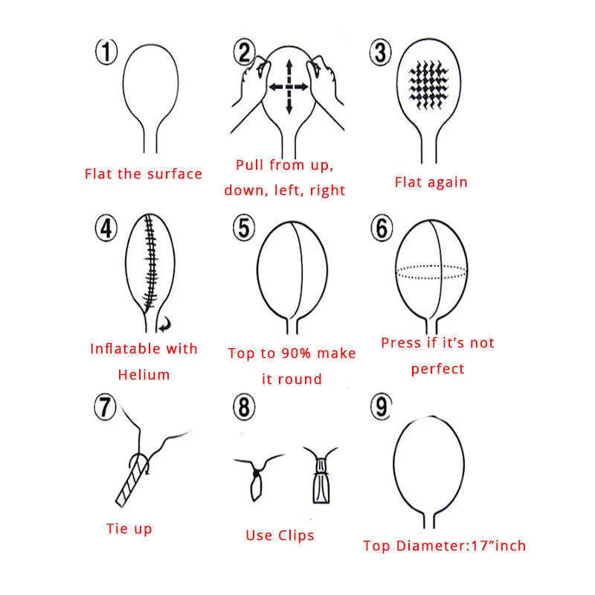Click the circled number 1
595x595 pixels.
pos(106,51)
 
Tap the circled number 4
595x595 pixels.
pos(106,228)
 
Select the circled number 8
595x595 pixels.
pos(244,407)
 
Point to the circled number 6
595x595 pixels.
pos(382,228)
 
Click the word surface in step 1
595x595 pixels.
pos(175,174)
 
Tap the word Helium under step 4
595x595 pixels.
pos(144,375)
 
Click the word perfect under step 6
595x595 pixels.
pos(437,369)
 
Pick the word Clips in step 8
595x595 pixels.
pos(296,535)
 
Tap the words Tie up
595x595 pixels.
pos(129,529)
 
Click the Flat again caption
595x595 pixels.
pos(431,182)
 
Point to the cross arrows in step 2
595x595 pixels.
pos(289,87)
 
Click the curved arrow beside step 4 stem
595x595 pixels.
pos(165,324)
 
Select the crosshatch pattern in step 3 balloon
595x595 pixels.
pos(429,86)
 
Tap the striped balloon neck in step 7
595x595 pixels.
pos(131,480)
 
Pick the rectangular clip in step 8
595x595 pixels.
pos(321,480)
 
